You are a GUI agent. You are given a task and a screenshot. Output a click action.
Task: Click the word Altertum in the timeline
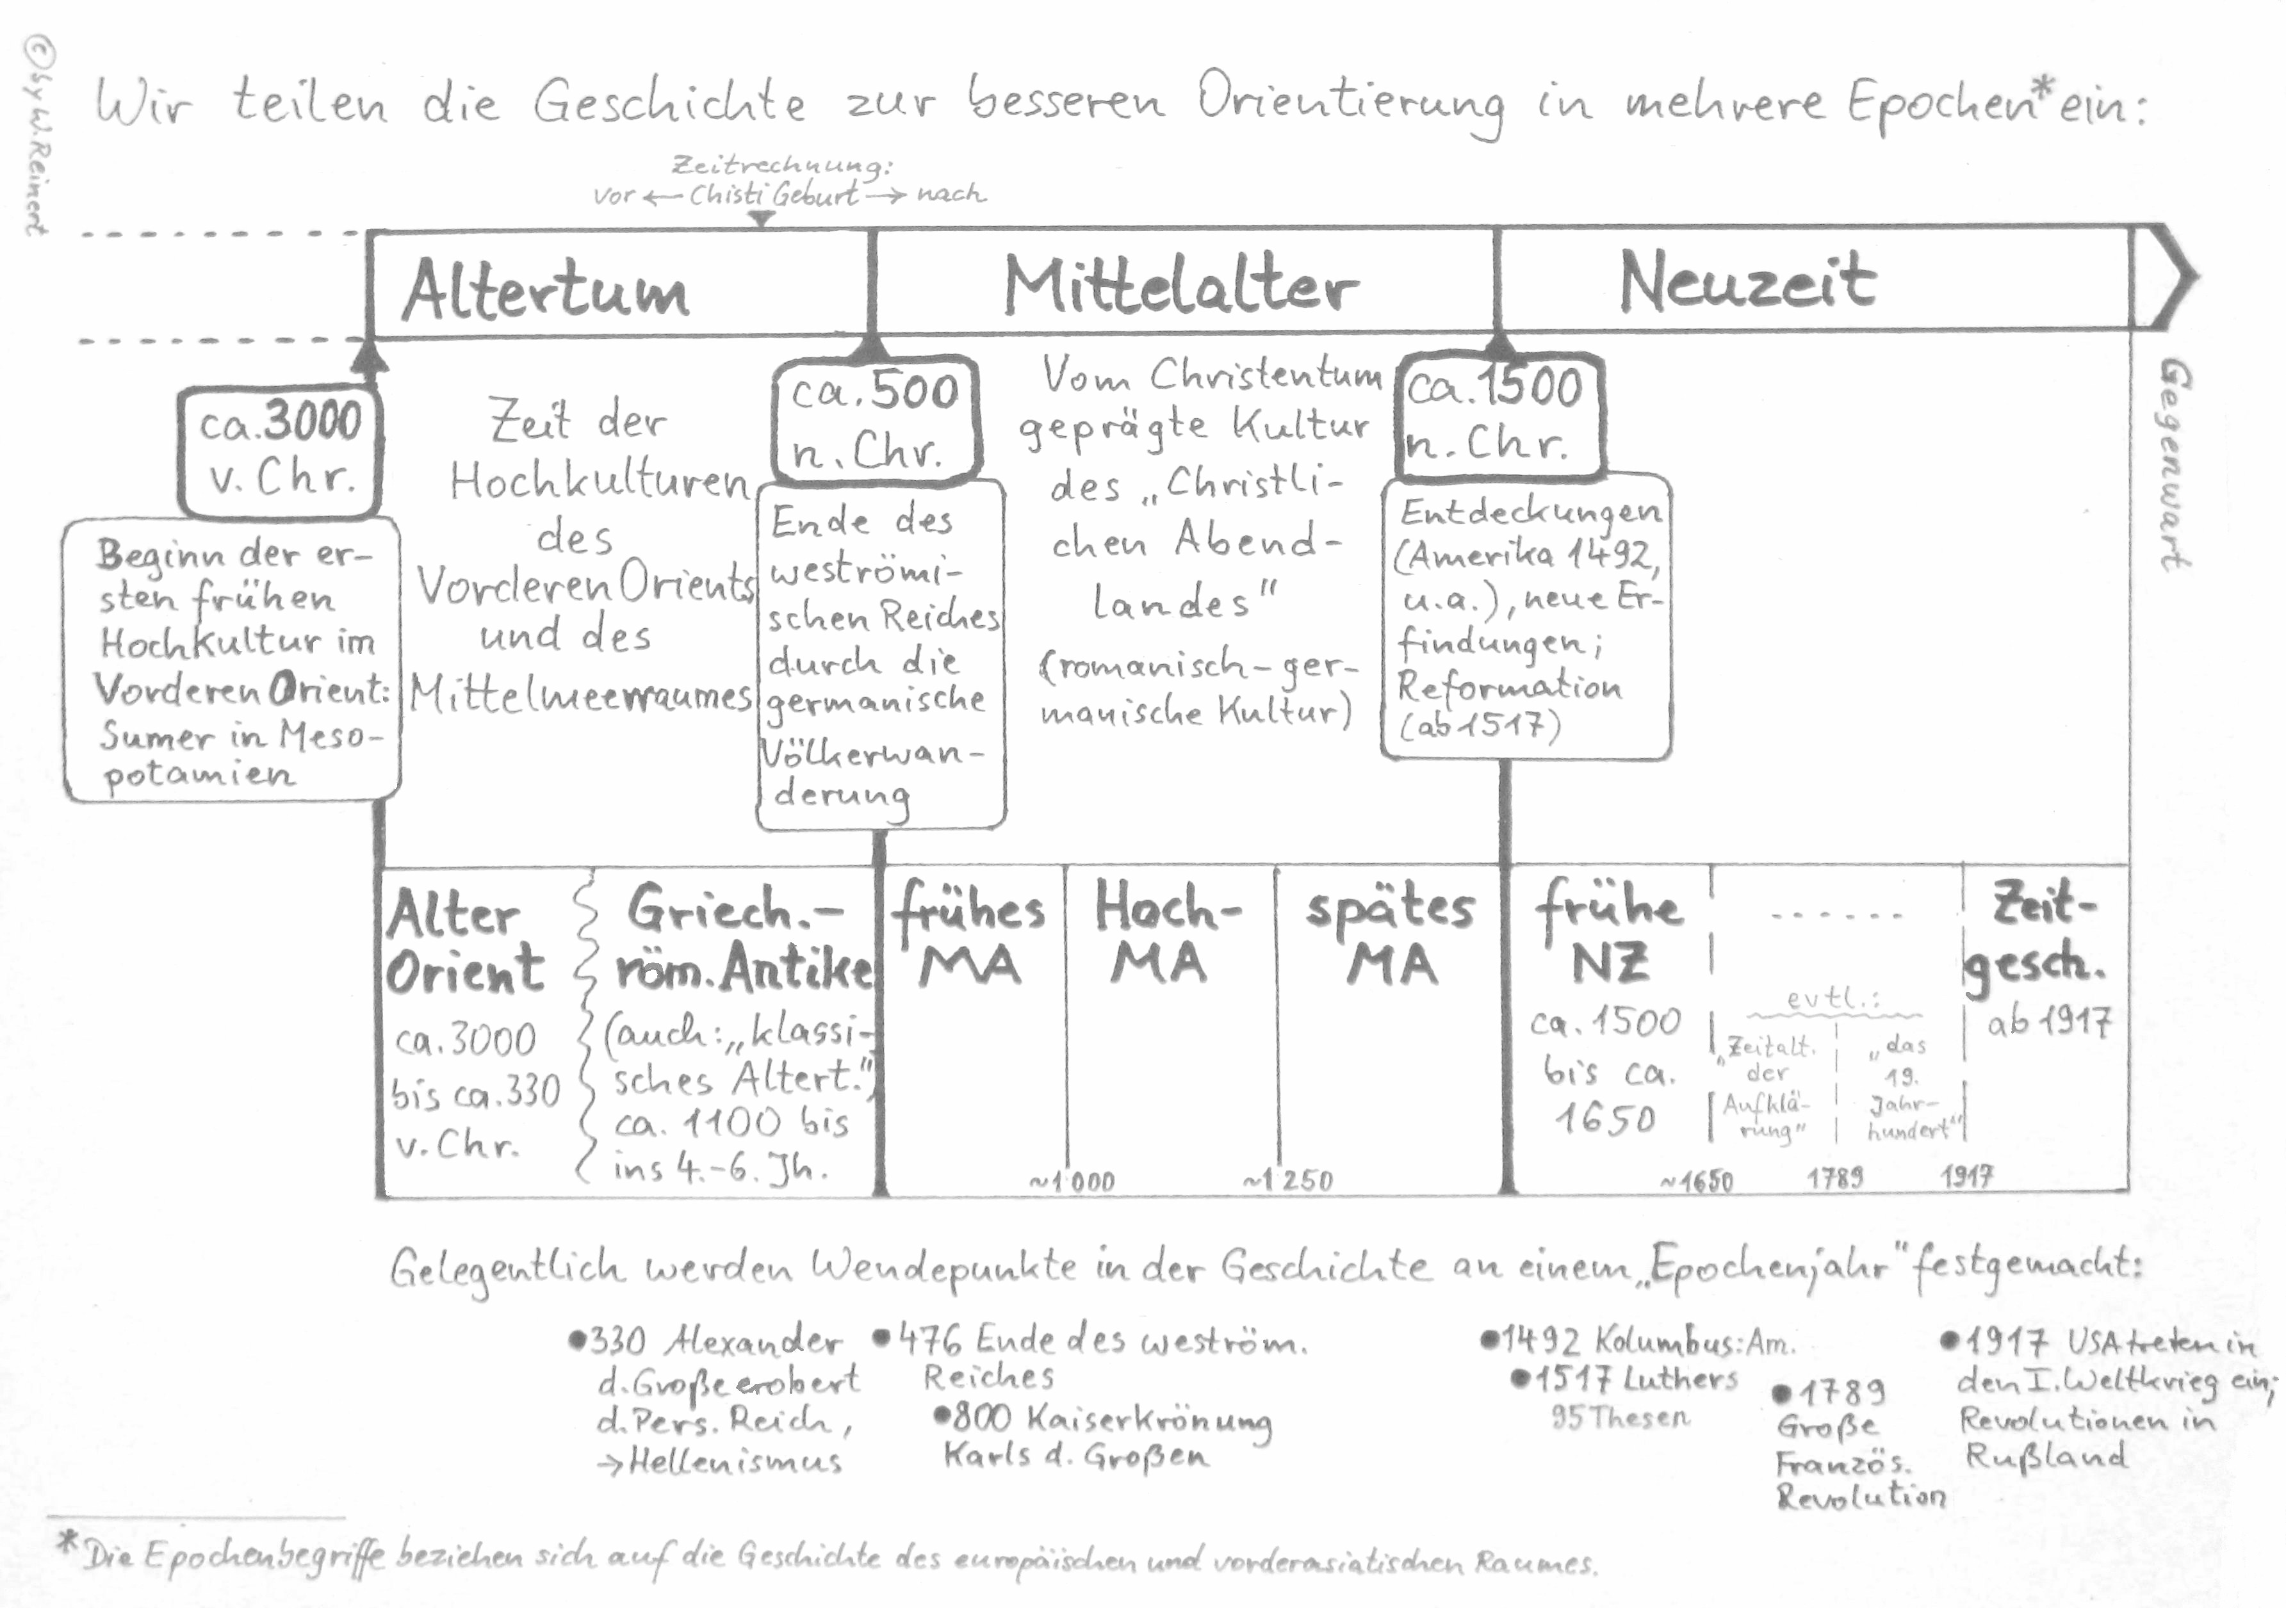click(x=546, y=289)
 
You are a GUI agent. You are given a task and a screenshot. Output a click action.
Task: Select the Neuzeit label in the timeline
click(x=1747, y=282)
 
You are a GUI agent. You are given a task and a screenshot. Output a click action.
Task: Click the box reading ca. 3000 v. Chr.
click(x=280, y=451)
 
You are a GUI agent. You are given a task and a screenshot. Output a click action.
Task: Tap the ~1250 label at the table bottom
click(x=1287, y=1181)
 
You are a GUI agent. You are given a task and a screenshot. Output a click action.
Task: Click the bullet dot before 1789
click(x=1781, y=1393)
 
